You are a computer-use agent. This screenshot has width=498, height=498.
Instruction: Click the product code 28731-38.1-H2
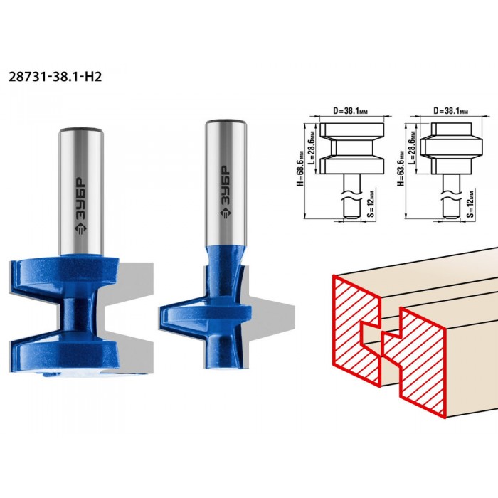pyautogui.click(x=55, y=77)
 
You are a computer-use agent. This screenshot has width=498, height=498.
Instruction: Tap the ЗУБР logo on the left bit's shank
pyautogui.click(x=80, y=206)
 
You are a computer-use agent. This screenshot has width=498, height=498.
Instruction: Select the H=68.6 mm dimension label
pyautogui.click(x=300, y=168)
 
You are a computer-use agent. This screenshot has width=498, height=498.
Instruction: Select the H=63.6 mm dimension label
pyautogui.click(x=401, y=168)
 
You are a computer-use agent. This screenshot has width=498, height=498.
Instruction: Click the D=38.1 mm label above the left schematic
pyautogui.click(x=350, y=111)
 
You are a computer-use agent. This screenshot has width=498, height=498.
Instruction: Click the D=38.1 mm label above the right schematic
pyautogui.click(x=450, y=111)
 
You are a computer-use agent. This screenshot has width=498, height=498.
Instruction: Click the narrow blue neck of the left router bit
pyautogui.click(x=75, y=314)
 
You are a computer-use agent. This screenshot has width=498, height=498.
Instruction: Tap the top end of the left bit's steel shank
pyautogui.click(x=81, y=130)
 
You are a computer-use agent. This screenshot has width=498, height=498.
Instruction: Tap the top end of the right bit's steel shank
pyautogui.click(x=226, y=122)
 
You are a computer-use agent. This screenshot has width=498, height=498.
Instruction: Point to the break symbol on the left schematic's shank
pyautogui.click(x=351, y=196)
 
